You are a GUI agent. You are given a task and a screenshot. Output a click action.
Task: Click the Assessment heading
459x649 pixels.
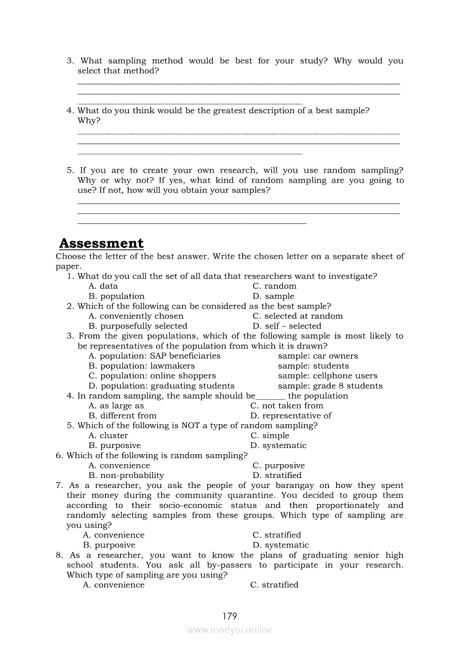pos(101,243)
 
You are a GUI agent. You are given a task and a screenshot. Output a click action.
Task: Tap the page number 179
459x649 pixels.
pos(229,616)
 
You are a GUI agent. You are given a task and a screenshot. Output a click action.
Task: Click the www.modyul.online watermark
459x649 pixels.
pos(229,630)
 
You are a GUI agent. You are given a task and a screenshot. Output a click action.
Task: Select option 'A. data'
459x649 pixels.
pos(103,286)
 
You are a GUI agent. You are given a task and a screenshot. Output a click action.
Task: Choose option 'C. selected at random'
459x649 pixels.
pos(297,316)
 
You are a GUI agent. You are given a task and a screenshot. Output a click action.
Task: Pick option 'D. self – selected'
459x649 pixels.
pos(287,326)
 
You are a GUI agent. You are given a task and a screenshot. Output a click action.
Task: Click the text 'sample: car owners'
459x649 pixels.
pos(318,356)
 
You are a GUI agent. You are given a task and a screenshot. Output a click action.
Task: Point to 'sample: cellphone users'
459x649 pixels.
pos(327,376)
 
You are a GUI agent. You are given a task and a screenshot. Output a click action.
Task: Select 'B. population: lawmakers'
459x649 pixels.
pos(142,366)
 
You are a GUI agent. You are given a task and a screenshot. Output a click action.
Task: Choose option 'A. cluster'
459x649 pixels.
pos(108,435)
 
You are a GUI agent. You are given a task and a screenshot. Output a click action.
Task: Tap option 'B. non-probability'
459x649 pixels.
pos(126,475)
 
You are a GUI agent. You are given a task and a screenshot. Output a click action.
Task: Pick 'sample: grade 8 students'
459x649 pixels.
pos(330,386)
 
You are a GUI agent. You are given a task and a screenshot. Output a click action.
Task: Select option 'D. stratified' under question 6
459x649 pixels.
pos(277,475)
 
